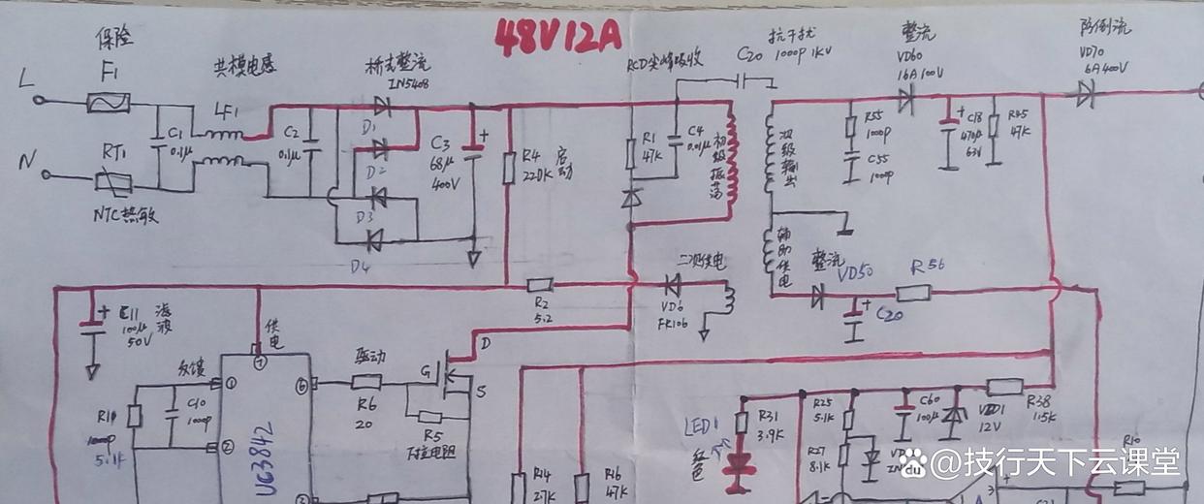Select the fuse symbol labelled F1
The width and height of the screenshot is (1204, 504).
pyautogui.click(x=109, y=102)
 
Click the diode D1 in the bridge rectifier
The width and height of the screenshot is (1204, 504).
pyautogui.click(x=382, y=108)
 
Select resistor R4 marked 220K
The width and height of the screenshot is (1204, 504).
pyautogui.click(x=508, y=166)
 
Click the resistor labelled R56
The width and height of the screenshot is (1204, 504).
pyautogui.click(x=913, y=292)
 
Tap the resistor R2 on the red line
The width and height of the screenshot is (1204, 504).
pyautogui.click(x=540, y=285)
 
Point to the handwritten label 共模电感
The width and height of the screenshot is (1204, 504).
pyautogui.click(x=245, y=69)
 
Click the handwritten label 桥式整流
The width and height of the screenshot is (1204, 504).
pyautogui.click(x=394, y=65)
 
